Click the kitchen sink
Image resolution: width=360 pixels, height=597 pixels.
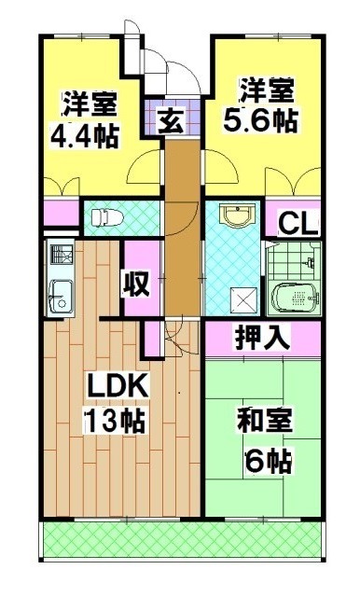61,291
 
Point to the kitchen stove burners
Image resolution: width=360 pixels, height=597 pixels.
60,254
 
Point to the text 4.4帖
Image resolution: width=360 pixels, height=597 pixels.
84,135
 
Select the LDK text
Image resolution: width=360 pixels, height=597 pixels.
115,385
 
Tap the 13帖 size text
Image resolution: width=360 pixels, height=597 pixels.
115,420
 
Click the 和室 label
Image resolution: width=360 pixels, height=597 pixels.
264,421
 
